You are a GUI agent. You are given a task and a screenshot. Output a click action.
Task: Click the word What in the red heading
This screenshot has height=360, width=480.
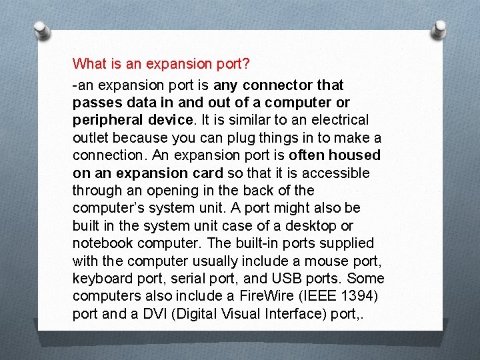coord(89,64)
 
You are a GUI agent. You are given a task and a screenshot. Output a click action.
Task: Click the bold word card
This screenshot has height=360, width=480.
coord(208,173)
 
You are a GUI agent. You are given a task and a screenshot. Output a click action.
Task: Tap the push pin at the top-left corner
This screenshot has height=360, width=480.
coord(40,30)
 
